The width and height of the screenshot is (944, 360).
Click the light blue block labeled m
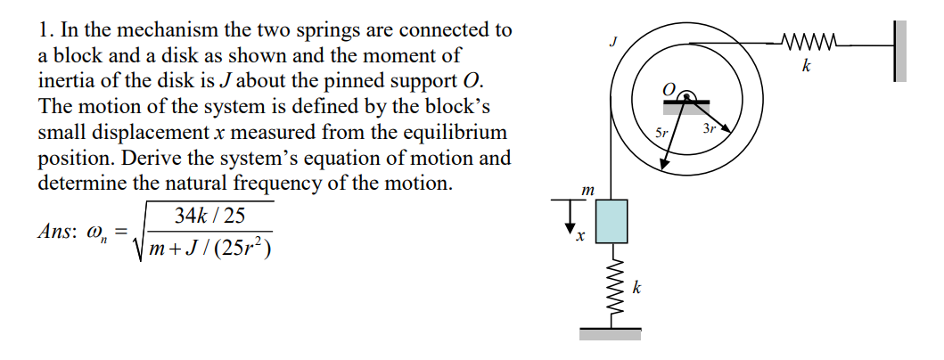coord(611,220)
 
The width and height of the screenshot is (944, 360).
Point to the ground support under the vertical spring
coord(611,334)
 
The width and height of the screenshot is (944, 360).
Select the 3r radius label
coord(710,129)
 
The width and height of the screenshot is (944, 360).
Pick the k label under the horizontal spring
coord(806,67)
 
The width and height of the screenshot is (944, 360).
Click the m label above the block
coord(587,190)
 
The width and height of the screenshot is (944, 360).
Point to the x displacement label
coord(579,236)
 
